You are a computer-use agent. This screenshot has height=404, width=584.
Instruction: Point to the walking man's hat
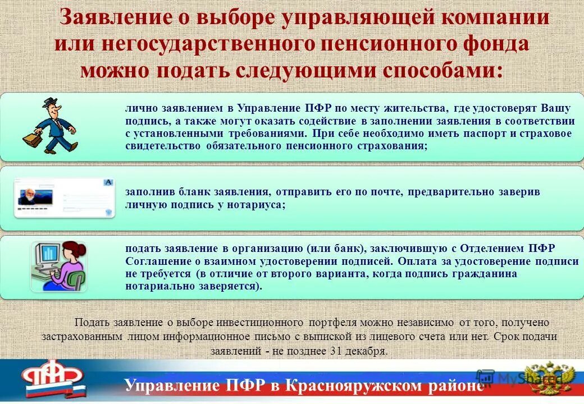click(50, 103)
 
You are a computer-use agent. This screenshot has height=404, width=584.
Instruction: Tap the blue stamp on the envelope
click(108, 183)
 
